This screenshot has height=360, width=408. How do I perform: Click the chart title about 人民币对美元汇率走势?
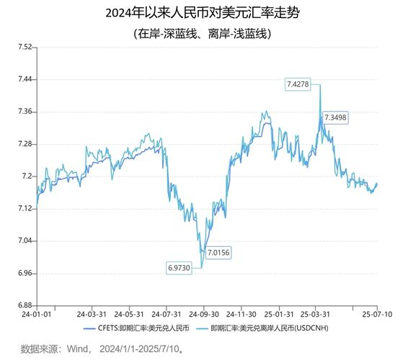click(x=203, y=13)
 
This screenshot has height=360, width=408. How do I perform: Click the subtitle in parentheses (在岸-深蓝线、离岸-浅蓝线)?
click(x=203, y=33)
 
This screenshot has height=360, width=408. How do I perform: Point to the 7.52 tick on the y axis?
click(x=24, y=47)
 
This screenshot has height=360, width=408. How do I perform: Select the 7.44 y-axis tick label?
click(x=24, y=79)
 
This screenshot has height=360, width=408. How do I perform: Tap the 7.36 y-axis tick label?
click(x=24, y=112)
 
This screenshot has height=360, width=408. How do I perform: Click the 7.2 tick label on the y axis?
click(x=26, y=176)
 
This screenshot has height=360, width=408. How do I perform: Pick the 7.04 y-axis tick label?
click(x=24, y=241)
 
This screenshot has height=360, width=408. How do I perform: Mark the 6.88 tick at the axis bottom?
click(x=24, y=306)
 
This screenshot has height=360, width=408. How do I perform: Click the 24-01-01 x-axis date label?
click(x=36, y=315)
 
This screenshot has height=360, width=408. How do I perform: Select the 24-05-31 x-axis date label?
click(x=130, y=315)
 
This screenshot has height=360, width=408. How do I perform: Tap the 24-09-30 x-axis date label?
click(x=205, y=315)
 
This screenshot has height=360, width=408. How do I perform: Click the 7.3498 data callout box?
click(x=335, y=117)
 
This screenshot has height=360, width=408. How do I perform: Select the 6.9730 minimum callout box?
click(x=179, y=267)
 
